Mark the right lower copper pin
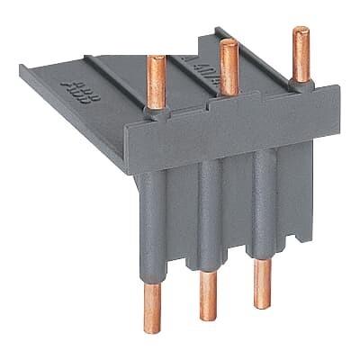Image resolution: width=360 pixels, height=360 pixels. point(264,284)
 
